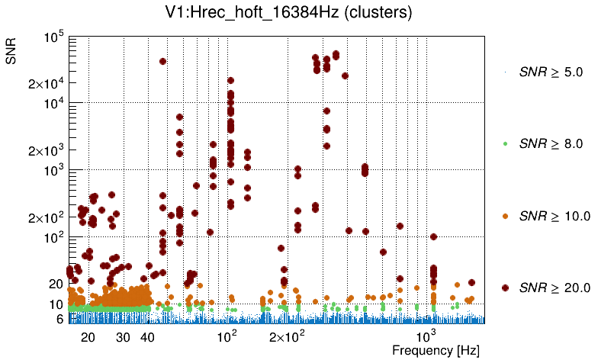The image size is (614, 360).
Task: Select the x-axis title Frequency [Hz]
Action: coord(426,350)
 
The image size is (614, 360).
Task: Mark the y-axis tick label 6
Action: coord(59,320)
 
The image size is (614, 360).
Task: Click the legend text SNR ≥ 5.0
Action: coord(551,72)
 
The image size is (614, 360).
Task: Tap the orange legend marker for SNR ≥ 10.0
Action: coord(505,216)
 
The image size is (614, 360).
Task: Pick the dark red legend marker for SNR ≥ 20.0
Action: coord(505,288)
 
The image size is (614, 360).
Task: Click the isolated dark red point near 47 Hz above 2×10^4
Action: coord(162,62)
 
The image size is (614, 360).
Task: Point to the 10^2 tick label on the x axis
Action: coord(227,336)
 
